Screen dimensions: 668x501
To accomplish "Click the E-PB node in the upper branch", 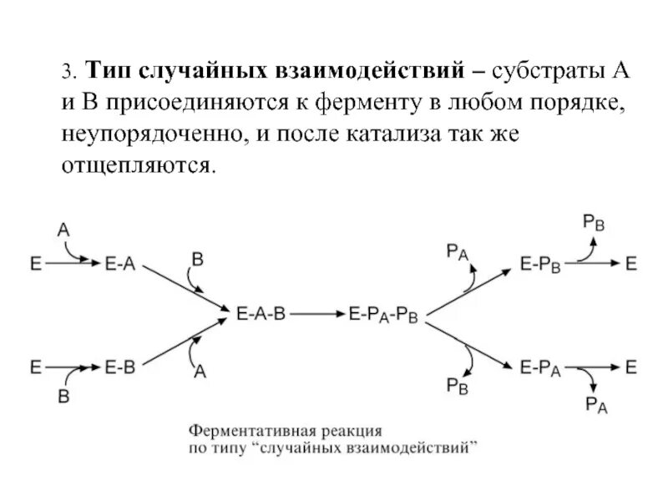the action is pyautogui.click(x=539, y=265).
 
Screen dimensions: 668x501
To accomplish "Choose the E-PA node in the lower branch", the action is pyautogui.click(x=539, y=366).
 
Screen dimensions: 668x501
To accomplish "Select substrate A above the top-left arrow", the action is pyautogui.click(x=63, y=225).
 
